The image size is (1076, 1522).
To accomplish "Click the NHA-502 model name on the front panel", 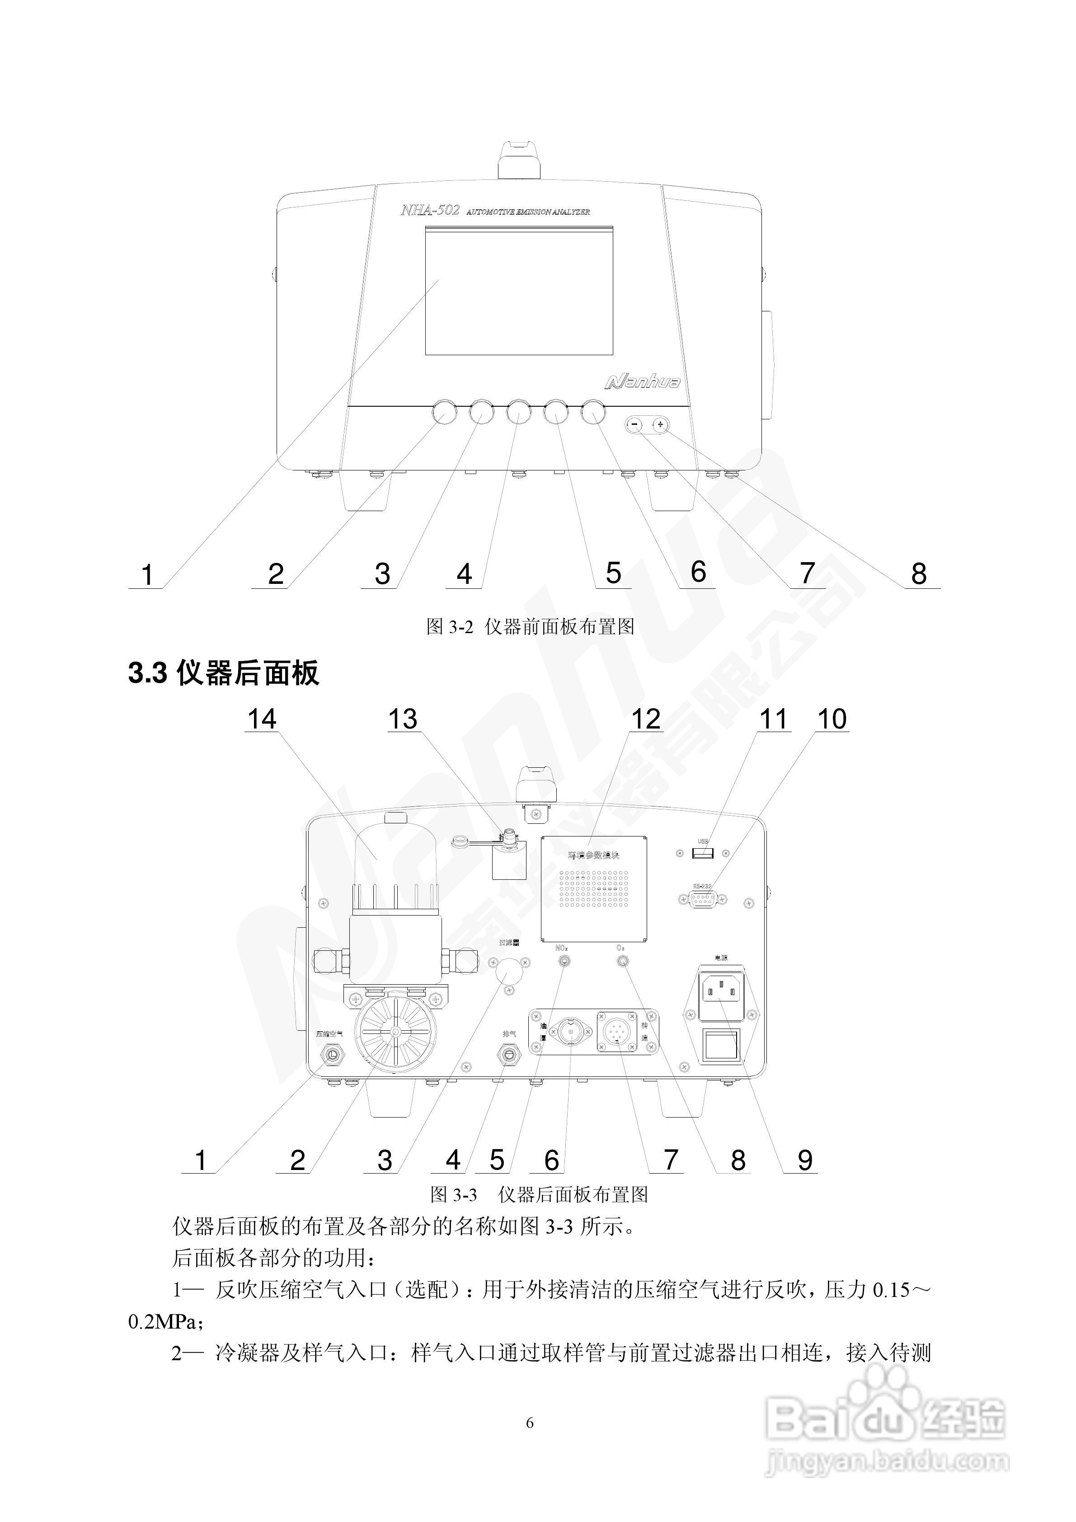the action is (430, 211).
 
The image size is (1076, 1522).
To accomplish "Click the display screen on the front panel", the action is (518, 291).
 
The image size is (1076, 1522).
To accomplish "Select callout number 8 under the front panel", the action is (918, 573).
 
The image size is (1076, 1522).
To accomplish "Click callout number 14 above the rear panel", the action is (262, 719).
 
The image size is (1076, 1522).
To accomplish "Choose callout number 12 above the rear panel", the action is (646, 719).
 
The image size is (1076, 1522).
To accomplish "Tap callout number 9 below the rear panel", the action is (804, 1160).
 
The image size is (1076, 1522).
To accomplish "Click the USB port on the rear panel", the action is (703, 853).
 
